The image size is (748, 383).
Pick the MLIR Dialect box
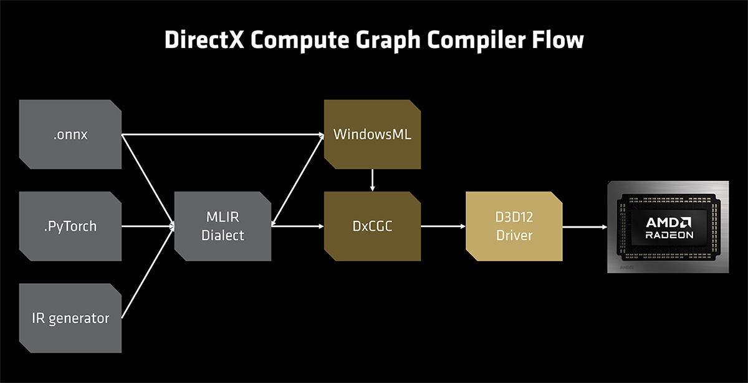[223, 226]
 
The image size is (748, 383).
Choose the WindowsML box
[372, 134]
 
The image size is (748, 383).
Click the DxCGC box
[372, 226]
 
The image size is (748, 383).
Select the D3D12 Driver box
[514, 226]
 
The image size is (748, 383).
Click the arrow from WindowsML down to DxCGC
[372, 180]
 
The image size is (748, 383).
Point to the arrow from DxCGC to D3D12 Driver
[443, 226]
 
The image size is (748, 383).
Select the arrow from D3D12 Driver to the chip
[585, 226]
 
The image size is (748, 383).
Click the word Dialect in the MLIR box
[223, 236]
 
